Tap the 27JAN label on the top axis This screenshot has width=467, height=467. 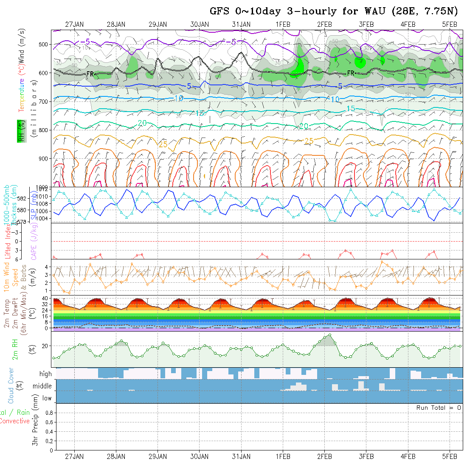click(x=74, y=24)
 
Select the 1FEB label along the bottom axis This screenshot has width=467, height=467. click(x=283, y=456)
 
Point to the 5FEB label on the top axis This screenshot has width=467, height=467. click(x=450, y=24)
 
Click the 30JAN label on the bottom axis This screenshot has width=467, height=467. click(x=200, y=456)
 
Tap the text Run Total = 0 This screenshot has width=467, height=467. click(x=439, y=408)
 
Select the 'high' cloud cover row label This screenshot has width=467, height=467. click(x=45, y=374)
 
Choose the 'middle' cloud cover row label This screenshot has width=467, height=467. click(x=42, y=386)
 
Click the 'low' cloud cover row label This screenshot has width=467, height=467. click(x=47, y=398)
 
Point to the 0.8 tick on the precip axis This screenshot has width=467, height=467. click(x=49, y=413)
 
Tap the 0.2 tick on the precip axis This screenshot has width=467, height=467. click(x=49, y=441)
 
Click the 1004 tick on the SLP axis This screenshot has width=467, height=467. click(x=44, y=218)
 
